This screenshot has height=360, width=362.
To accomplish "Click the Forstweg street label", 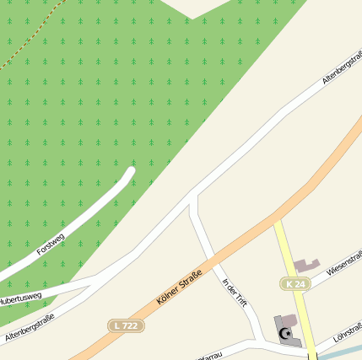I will tap(50, 239).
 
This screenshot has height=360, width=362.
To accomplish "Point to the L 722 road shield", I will tap(126, 325).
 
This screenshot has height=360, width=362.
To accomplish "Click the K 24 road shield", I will tap(294, 284).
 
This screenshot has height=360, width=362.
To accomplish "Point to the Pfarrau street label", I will tap(211, 353).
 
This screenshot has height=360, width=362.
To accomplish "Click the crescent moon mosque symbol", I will tap(284, 335).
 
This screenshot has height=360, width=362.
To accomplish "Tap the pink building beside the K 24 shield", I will tap(308, 266).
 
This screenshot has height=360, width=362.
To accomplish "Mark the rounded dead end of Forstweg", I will tap(131, 172).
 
